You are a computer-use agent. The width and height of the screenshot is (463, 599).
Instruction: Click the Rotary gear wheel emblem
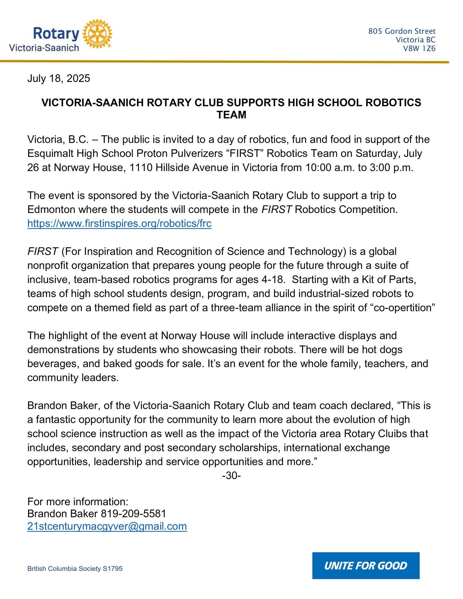97,34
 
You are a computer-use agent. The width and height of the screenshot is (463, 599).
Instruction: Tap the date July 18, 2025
59,79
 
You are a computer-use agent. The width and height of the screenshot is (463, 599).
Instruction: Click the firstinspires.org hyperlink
119,224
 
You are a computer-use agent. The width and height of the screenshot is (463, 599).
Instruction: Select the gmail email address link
107,526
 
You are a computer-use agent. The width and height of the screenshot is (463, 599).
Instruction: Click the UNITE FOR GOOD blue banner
366,565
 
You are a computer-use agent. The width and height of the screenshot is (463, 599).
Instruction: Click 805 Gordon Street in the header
402,31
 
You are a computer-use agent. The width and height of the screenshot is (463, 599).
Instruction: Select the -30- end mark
231,476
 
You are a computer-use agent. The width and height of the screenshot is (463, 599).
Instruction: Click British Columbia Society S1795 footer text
75,569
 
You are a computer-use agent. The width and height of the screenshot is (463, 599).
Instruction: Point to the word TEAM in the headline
231,115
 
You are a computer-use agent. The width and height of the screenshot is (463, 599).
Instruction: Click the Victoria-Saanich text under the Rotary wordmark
44,48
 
